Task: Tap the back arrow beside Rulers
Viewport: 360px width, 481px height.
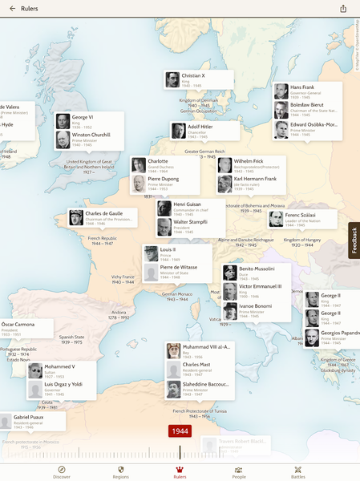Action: click(12, 9)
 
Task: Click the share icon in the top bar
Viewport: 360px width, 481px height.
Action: click(344, 9)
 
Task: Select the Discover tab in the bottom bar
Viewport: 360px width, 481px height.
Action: click(62, 471)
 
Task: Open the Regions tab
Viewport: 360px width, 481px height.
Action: click(120, 471)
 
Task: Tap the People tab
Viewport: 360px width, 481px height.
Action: click(238, 471)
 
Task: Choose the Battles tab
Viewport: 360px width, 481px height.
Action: click(297, 471)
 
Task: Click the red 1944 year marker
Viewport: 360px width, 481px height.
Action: click(180, 431)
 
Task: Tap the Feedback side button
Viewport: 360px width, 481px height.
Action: click(354, 240)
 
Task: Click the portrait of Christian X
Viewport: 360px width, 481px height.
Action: click(172, 79)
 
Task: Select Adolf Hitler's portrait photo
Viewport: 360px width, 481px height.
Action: click(178, 131)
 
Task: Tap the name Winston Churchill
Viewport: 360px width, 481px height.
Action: click(92, 135)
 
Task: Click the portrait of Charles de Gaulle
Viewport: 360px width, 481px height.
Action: click(76, 217)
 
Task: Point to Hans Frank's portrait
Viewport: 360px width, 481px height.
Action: click(281, 91)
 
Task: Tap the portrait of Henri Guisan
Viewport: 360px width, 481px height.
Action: click(164, 208)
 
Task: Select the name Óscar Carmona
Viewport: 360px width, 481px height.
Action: click(21, 325)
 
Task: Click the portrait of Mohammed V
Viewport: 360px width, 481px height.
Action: click(35, 370)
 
